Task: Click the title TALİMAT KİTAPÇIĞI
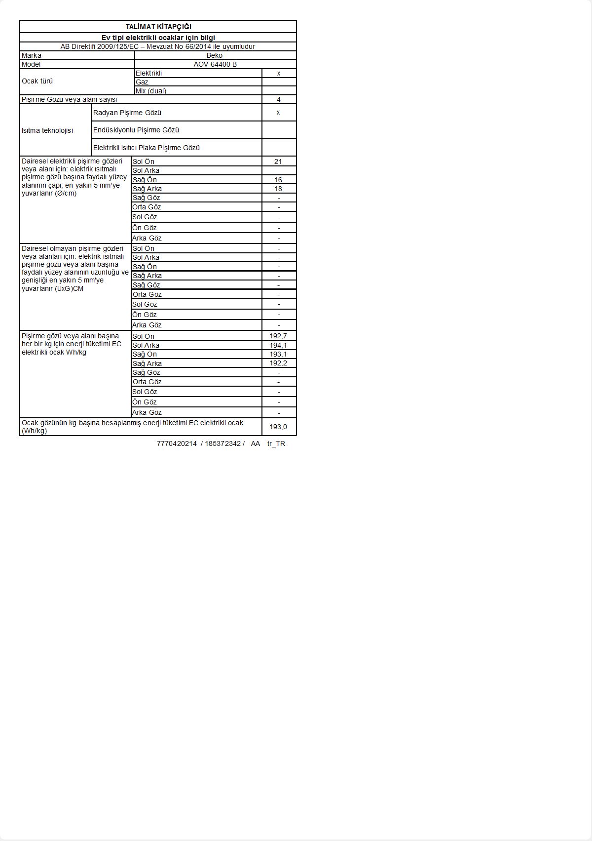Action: (x=158, y=27)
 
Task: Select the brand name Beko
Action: (x=215, y=55)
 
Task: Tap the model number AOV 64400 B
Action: (x=215, y=64)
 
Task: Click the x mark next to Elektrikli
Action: (x=279, y=73)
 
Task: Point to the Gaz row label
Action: (x=142, y=82)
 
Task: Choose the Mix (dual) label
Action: (x=151, y=91)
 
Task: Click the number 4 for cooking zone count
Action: (x=279, y=99)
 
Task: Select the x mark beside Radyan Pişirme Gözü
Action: (x=278, y=112)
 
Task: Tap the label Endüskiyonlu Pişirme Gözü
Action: (x=136, y=130)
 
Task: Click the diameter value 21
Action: (x=278, y=161)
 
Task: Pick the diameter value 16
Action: (x=278, y=180)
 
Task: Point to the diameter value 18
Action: (x=278, y=189)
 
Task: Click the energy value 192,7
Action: (x=278, y=336)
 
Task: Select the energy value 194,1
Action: (x=278, y=345)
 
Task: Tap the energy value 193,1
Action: (x=278, y=354)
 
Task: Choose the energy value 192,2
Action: (x=278, y=363)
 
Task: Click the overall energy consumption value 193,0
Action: (x=278, y=427)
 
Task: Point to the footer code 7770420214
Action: (x=177, y=443)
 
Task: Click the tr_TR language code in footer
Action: (x=276, y=443)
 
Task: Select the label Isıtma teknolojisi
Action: (x=47, y=130)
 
